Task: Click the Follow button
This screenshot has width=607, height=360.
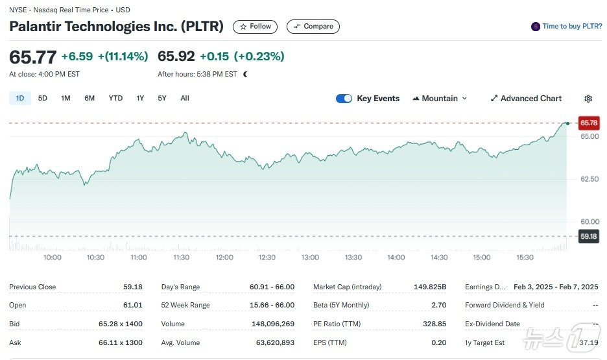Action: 255,27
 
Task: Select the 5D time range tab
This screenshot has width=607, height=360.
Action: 43,98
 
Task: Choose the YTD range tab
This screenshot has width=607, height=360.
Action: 115,98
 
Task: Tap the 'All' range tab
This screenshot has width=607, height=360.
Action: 185,98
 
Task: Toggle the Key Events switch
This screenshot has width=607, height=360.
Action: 344,99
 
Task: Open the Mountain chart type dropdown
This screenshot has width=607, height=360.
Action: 440,99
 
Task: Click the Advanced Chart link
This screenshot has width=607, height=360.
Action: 526,99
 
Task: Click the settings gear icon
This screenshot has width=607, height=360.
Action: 588,99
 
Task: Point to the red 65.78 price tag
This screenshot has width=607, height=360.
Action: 589,123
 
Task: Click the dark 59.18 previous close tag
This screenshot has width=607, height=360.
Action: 589,237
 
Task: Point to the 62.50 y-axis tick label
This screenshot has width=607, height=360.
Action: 589,179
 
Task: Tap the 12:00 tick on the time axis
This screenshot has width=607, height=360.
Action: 224,258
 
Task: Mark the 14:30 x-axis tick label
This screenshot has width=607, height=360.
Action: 439,258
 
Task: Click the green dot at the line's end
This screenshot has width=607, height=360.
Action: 567,123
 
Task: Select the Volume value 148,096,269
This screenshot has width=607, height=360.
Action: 273,324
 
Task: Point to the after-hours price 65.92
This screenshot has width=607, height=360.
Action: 176,56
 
